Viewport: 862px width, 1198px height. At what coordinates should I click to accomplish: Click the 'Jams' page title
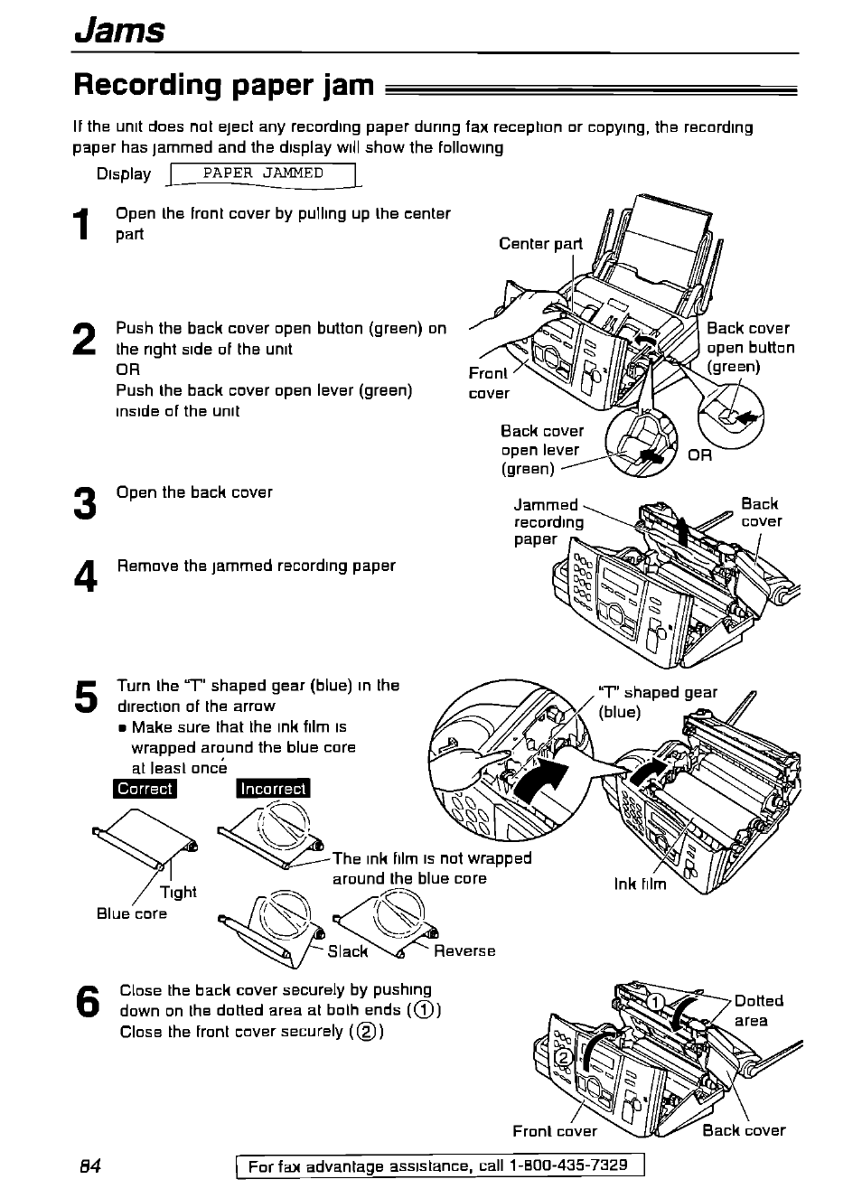(x=118, y=30)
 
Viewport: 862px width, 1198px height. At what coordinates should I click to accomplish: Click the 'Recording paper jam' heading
(x=223, y=85)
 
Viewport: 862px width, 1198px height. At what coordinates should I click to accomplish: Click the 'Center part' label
(x=540, y=243)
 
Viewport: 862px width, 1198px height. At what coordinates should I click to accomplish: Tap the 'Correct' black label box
(x=145, y=788)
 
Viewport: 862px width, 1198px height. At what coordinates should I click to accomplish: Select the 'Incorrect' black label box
(x=273, y=788)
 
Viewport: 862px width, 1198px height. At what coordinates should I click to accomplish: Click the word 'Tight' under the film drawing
(x=178, y=892)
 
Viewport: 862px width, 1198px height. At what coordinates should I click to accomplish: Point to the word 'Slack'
(x=348, y=950)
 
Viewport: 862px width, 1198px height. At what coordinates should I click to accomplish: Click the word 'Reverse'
(x=464, y=950)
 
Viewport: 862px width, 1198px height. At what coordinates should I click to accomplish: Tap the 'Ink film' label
(x=640, y=884)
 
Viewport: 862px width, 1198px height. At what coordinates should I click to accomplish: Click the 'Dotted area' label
(x=757, y=1010)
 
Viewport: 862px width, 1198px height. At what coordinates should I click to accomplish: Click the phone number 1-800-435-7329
(x=568, y=1165)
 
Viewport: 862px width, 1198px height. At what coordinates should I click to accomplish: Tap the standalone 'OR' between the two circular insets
(x=699, y=455)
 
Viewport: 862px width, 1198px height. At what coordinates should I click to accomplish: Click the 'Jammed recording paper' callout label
(x=548, y=521)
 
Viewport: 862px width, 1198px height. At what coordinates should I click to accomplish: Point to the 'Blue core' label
(x=132, y=913)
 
